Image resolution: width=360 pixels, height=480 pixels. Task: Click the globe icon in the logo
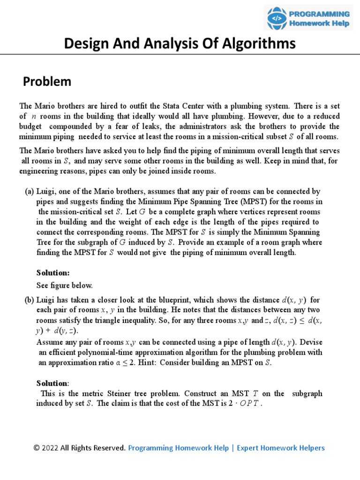coord(277,18)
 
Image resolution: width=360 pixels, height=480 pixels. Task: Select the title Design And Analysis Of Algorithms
coord(180,44)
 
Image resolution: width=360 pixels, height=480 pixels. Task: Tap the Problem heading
coord(47,82)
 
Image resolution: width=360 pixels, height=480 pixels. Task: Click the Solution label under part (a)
coord(52,273)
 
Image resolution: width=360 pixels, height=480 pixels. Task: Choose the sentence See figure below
coord(65,285)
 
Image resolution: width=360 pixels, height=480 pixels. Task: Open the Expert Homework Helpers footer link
coord(280,448)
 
